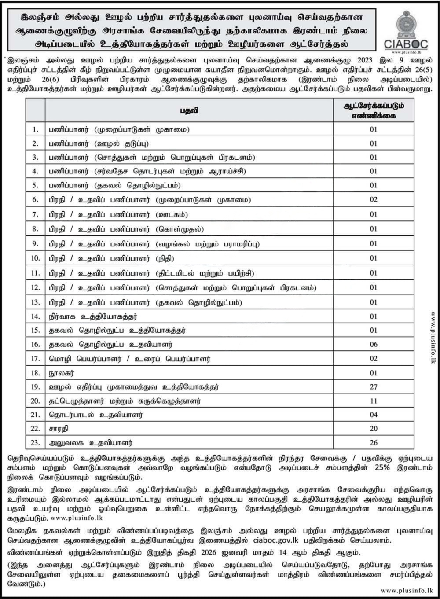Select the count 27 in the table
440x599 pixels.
coord(374,387)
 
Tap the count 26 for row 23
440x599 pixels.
coord(374,442)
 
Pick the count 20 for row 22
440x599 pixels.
coord(374,428)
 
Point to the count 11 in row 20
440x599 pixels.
coord(374,401)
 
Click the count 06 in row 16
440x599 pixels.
coord(374,344)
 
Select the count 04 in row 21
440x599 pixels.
coord(374,415)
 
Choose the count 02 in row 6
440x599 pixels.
coord(374,200)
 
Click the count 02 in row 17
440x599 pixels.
coord(374,359)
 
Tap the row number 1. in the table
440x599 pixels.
coord(35,129)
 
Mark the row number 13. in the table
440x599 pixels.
coord(35,302)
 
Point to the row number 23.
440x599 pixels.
coord(35,442)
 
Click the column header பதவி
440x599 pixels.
coord(189,110)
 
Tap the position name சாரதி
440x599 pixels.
coord(59,428)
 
